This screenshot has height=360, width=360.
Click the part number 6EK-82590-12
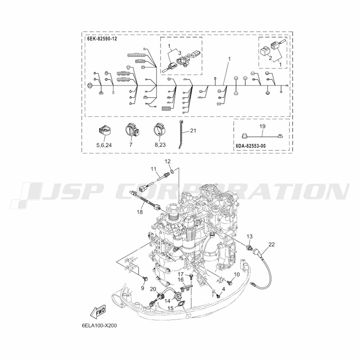pos(102,39)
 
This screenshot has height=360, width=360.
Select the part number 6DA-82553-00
pos(251,146)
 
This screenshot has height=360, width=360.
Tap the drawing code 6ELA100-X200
pos(99,325)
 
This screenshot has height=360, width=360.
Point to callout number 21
pos(193,131)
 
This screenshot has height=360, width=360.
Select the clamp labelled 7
pos(131,130)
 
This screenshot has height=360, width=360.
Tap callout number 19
pos(262,126)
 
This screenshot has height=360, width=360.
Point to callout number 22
pos(271,244)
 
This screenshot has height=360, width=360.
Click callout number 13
pos(249,237)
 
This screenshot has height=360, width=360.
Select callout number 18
pos(140,212)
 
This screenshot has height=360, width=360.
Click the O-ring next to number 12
pos(172,171)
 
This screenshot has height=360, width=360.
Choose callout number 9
pos(143,288)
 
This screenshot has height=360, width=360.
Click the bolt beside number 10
pos(229,281)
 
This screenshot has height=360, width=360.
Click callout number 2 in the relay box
pos(270,58)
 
